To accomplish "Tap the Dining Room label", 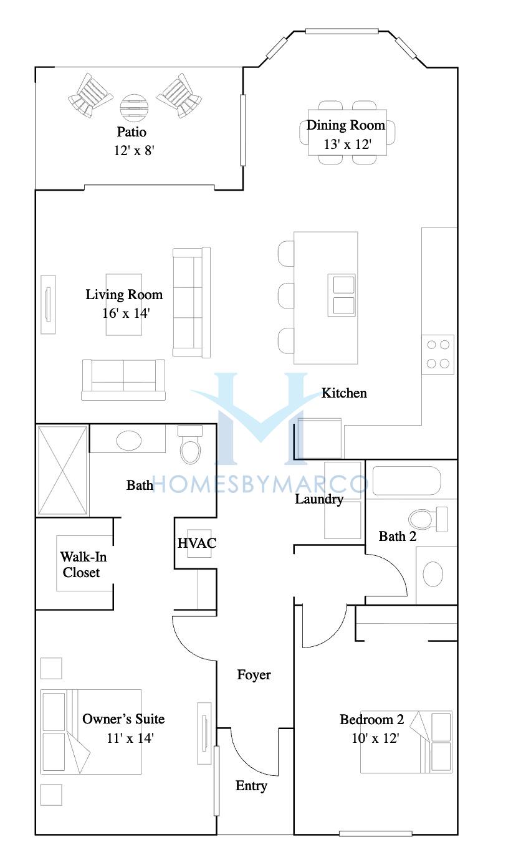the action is tap(346, 125).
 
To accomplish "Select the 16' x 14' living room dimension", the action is tap(126, 313).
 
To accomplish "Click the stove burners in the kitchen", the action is tap(437, 354).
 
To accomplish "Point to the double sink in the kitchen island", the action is tap(342, 295).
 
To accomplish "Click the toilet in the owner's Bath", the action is tap(191, 444).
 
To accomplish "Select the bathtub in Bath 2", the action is tap(406, 480).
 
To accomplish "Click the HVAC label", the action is tap(196, 543).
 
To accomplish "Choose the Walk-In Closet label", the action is tap(83, 565).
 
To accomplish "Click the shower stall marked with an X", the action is tap(62, 471).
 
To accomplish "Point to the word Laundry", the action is tap(319, 499).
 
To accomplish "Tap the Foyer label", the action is tap(254, 675).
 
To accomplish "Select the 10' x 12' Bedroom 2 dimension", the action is tap(375, 738).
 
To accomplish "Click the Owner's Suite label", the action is tap(123, 719).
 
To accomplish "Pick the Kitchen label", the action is tap(344, 393).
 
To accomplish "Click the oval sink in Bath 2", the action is tap(433, 574).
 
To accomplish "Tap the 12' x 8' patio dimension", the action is tap(134, 150).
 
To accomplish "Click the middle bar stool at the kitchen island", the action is tap(286, 296).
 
